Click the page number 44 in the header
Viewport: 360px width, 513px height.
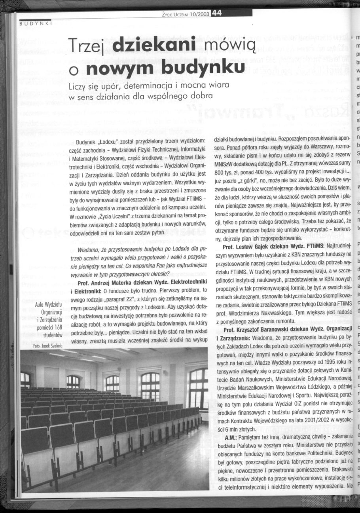click(x=216, y=13)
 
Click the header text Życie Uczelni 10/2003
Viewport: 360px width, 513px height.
click(x=185, y=13)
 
